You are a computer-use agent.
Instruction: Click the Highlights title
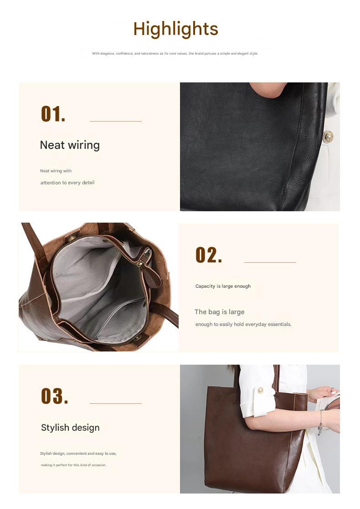coord(175,29)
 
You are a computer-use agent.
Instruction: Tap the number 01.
coord(53,114)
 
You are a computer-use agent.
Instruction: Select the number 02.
coord(209,255)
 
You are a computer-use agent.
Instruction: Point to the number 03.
coord(54,396)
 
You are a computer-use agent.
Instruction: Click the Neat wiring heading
coord(70,145)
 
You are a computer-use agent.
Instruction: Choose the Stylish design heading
coord(70,428)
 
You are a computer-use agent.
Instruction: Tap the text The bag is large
coord(220,312)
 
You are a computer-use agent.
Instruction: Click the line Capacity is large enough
coord(223,286)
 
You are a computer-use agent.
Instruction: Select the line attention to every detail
coord(67,183)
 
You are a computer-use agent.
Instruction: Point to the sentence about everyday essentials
coord(243,324)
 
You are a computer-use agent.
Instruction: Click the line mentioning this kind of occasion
coord(73,465)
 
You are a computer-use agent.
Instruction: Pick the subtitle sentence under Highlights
coord(175,53)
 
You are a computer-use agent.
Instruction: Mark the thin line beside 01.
coord(116,121)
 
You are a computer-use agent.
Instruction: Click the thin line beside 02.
coord(270,262)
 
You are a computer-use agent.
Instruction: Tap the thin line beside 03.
coord(116,403)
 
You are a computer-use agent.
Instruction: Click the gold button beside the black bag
coord(328,135)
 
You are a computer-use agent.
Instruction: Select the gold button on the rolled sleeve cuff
coord(260,390)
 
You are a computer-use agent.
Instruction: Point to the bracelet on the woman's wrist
coord(321,421)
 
